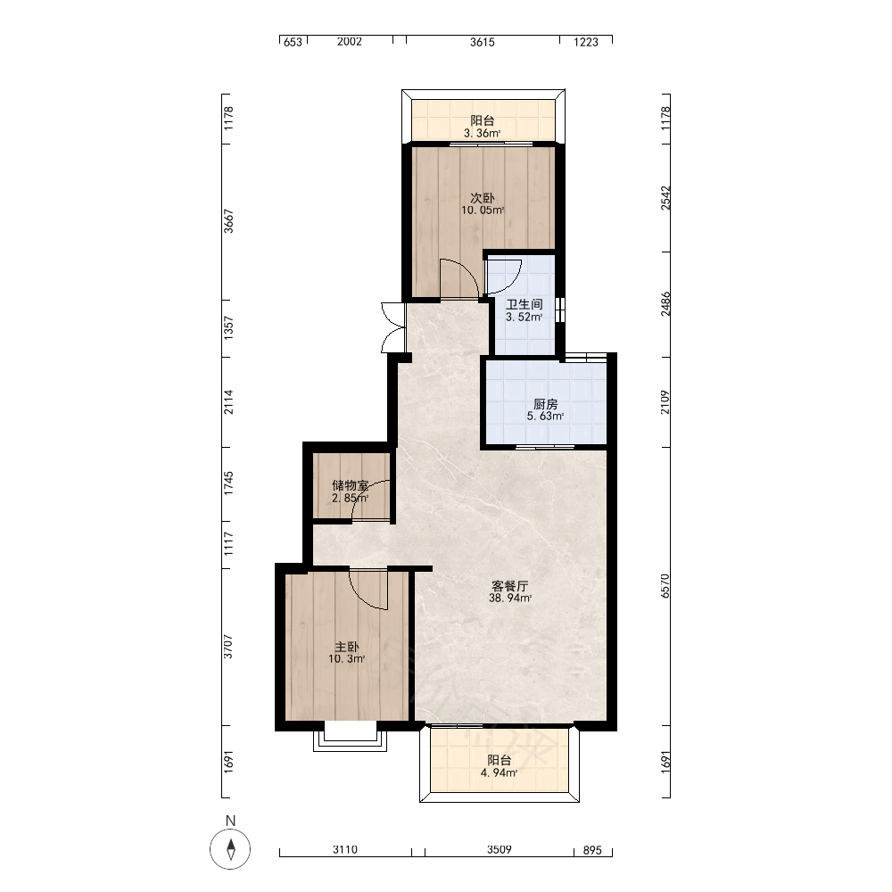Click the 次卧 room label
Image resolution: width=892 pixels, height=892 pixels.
[482, 198]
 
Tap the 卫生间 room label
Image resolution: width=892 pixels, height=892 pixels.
[524, 304]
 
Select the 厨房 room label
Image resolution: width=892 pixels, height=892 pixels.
[545, 404]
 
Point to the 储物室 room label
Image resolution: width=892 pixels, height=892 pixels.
[350, 485]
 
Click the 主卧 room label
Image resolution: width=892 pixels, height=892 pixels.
[346, 647]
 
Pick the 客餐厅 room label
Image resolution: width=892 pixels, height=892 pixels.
[509, 586]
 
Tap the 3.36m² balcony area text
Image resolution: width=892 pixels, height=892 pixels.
[482, 134]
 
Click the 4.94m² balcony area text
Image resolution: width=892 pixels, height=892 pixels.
[499, 773]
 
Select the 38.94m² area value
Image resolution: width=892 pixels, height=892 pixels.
[509, 599]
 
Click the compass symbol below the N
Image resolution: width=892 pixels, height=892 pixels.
[230, 849]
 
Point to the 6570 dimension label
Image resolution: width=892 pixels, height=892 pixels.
[665, 586]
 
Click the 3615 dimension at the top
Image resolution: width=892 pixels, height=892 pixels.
[483, 42]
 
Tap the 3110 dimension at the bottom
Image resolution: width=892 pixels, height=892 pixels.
[344, 850]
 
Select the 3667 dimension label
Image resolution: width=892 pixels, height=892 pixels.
[228, 221]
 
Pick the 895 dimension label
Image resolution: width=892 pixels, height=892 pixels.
[592, 850]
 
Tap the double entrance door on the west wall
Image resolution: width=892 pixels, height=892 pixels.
[393, 327]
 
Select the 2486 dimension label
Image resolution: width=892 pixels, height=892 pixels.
[665, 304]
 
